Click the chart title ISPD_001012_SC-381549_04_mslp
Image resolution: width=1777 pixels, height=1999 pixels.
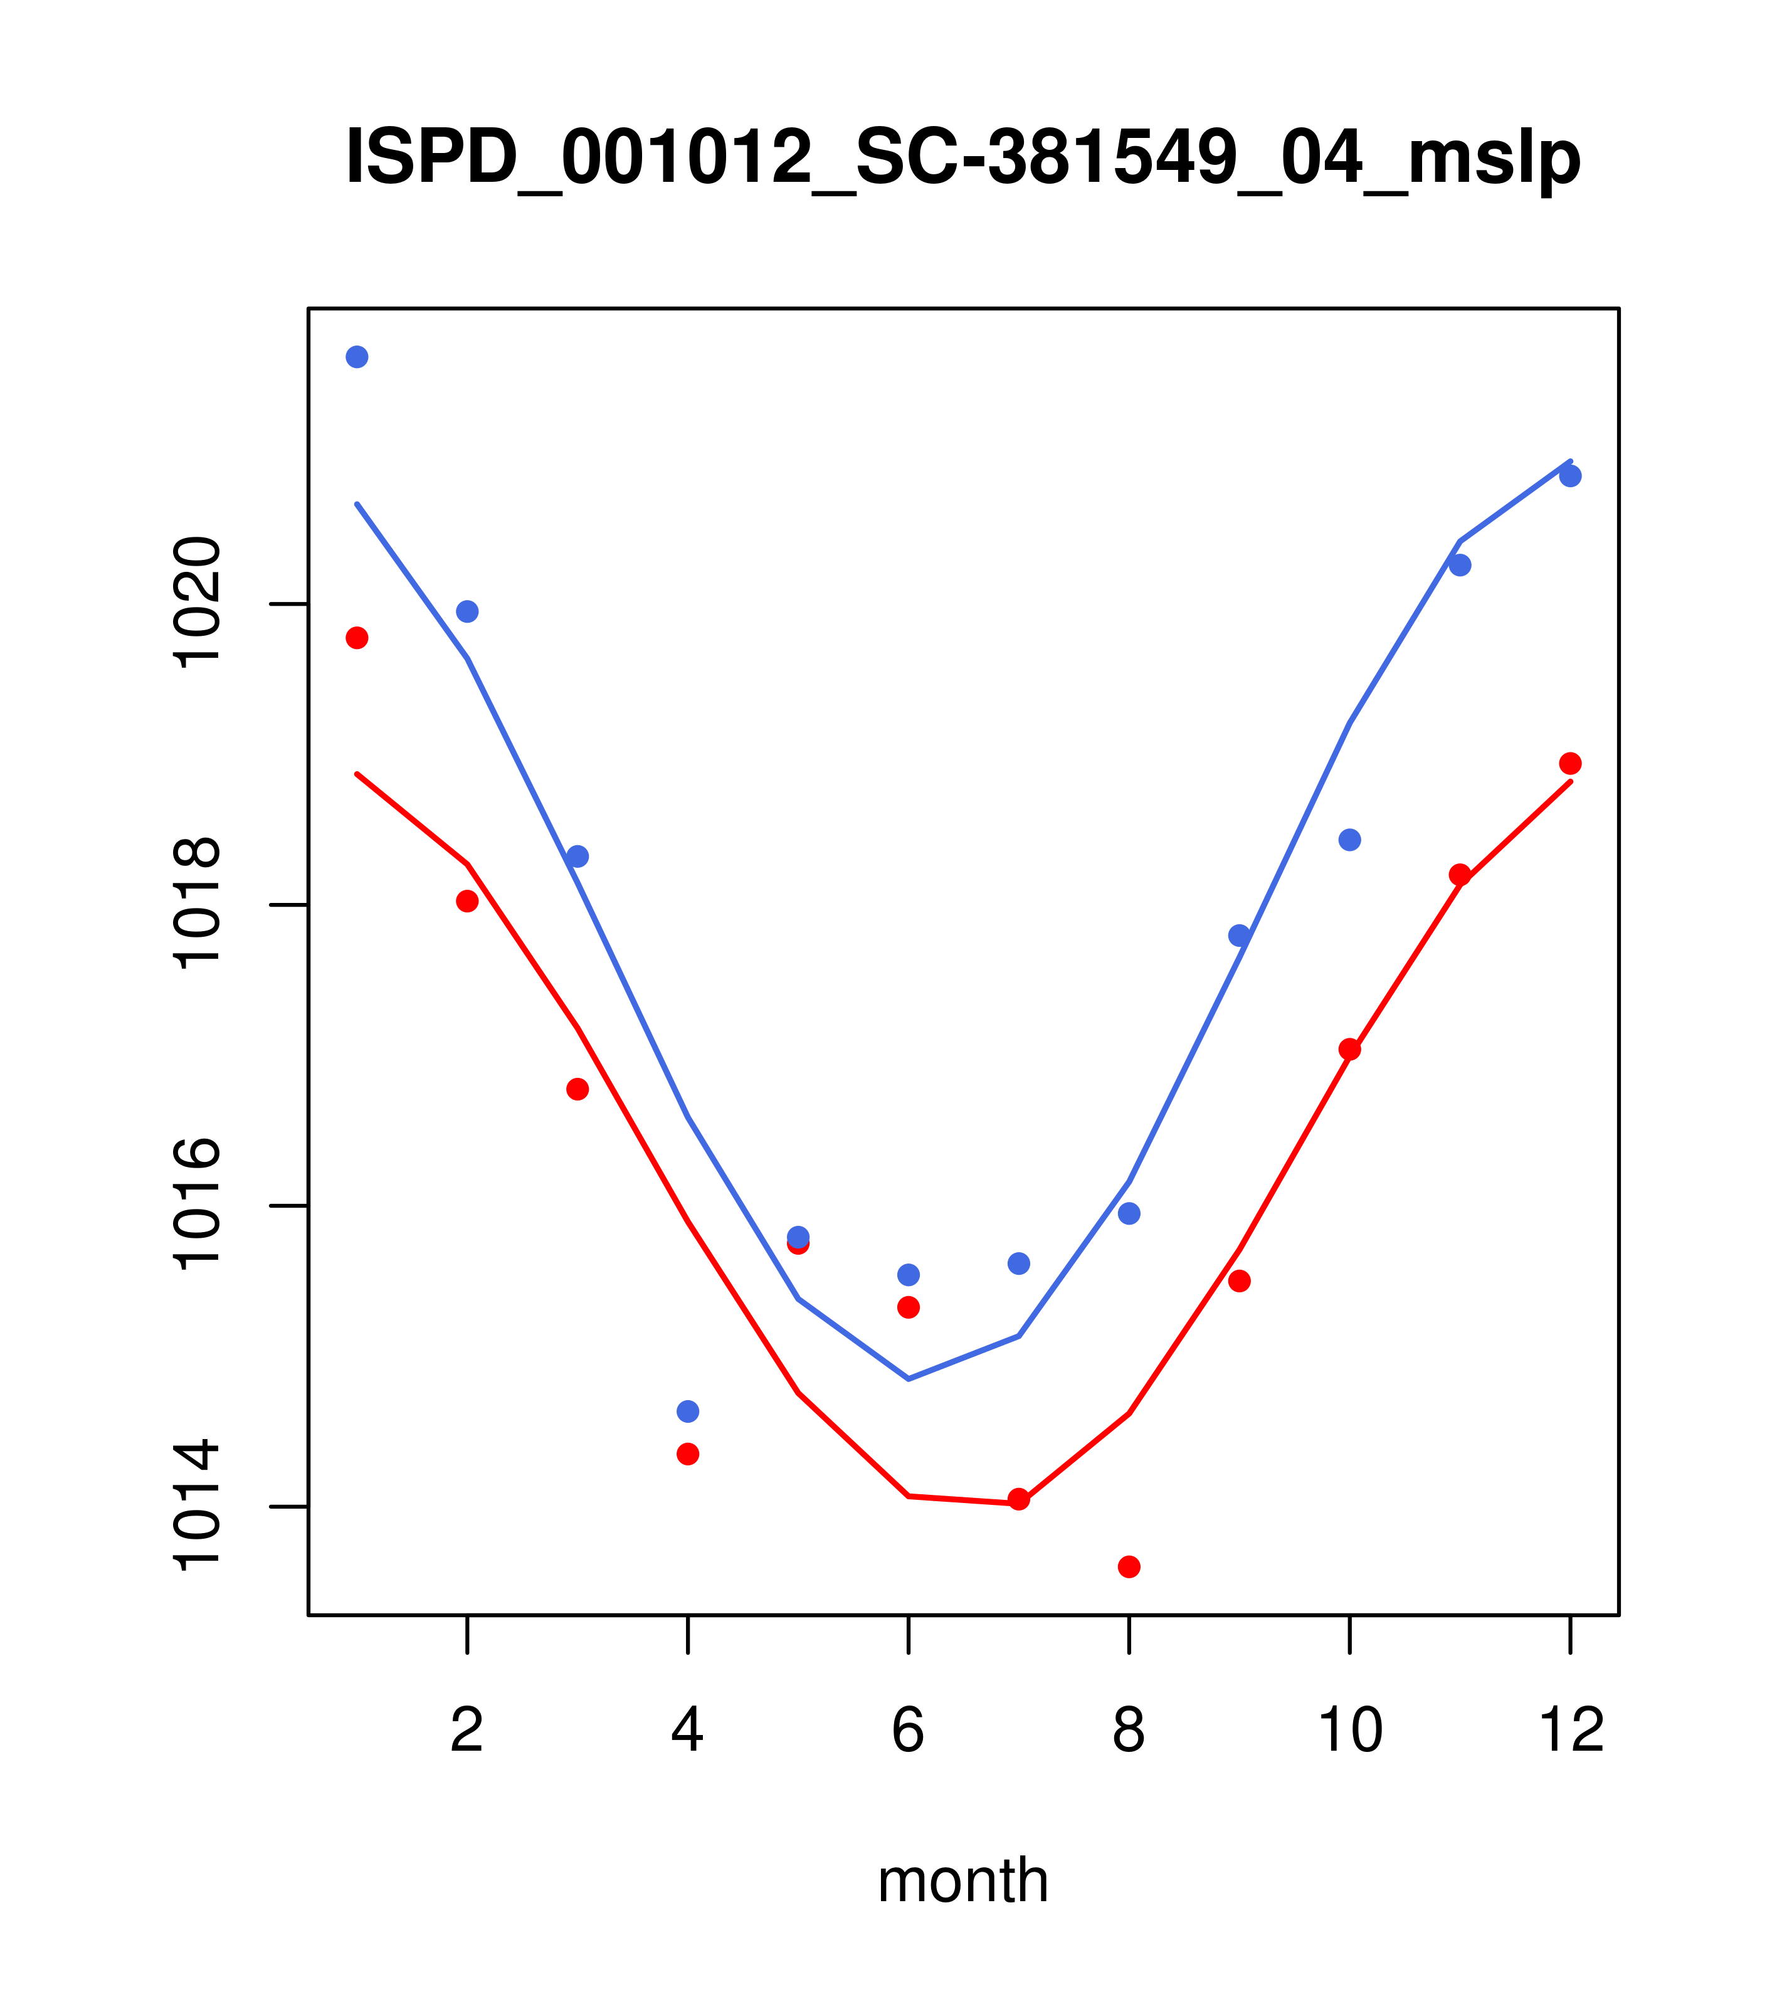click(962, 159)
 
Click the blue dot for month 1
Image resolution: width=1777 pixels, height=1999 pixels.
click(357, 357)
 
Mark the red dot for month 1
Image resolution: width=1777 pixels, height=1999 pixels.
click(357, 638)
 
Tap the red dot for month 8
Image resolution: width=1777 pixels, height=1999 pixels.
click(1129, 1567)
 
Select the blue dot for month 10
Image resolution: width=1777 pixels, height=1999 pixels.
click(1349, 840)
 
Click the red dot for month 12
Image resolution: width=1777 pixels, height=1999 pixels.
click(1571, 763)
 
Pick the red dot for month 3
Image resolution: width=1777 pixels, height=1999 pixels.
click(578, 1089)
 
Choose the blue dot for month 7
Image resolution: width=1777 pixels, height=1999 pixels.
click(1018, 1263)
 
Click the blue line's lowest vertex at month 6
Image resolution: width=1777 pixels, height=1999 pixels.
click(909, 1379)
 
